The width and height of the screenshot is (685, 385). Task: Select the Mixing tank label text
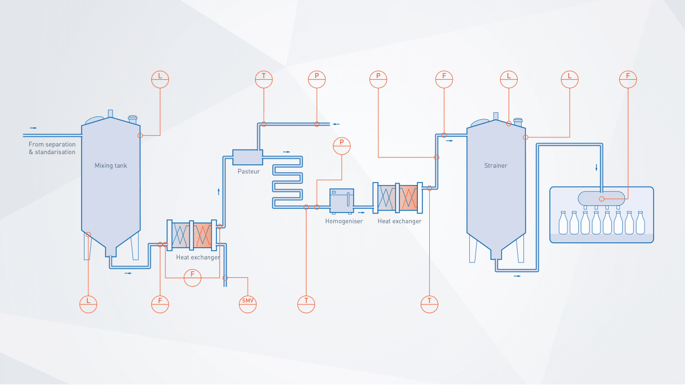click(111, 165)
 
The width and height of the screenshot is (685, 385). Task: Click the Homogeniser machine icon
click(341, 201)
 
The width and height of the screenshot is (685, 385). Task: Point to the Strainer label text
click(495, 165)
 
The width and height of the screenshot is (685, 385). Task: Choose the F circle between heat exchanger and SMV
click(193, 278)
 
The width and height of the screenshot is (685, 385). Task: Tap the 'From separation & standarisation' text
click(52, 148)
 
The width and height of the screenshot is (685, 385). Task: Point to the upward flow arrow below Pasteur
click(219, 192)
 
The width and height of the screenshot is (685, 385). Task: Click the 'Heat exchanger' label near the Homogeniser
click(400, 221)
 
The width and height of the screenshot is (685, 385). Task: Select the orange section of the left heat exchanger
click(202, 235)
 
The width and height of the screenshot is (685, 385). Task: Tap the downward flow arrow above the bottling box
click(597, 167)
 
